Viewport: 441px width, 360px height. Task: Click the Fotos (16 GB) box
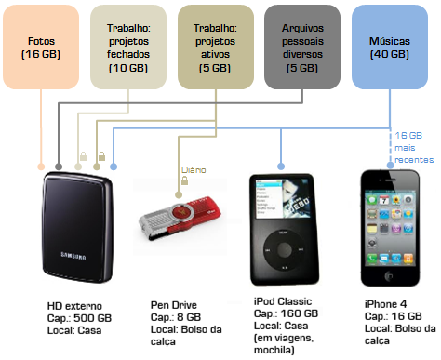click(40, 47)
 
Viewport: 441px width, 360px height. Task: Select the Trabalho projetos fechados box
click(127, 47)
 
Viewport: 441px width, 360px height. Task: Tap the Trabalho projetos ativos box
click(213, 47)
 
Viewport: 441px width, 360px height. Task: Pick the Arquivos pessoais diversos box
click(302, 47)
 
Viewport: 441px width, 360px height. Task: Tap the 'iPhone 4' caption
click(384, 304)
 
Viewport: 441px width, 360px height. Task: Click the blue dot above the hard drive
click(113, 167)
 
